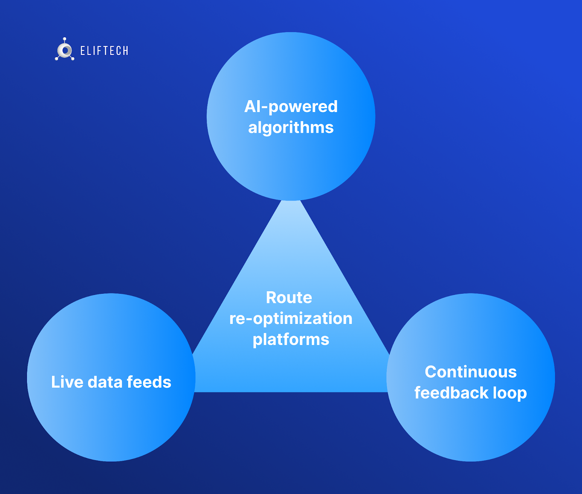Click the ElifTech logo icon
tap(65, 50)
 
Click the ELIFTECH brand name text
tap(104, 51)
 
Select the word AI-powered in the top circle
tap(291, 106)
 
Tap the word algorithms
tap(291, 128)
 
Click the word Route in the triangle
tap(289, 297)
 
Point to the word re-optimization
tap(291, 319)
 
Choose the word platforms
tap(291, 340)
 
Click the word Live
tap(67, 382)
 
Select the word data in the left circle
tap(105, 382)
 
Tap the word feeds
tap(149, 382)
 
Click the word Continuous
tap(471, 372)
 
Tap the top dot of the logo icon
tap(65, 39)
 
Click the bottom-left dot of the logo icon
tap(57, 59)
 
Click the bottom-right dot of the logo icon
tap(73, 59)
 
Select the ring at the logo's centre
tap(65, 51)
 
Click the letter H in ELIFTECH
tap(125, 51)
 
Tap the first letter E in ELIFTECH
tap(83, 51)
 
